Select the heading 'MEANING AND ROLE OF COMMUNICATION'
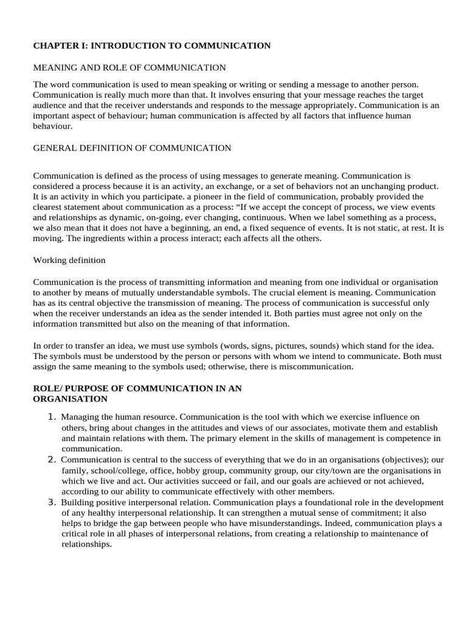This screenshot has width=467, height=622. pos(129,67)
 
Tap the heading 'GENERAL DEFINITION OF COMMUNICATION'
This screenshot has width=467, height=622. pos(132,148)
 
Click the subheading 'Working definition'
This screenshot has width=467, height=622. pos(69,260)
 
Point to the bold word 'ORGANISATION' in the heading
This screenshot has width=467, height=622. pos(70,399)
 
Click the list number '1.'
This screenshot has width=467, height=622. pos(52,417)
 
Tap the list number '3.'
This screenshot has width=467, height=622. pos(52,502)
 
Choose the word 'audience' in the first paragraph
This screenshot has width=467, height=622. pos(50,105)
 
